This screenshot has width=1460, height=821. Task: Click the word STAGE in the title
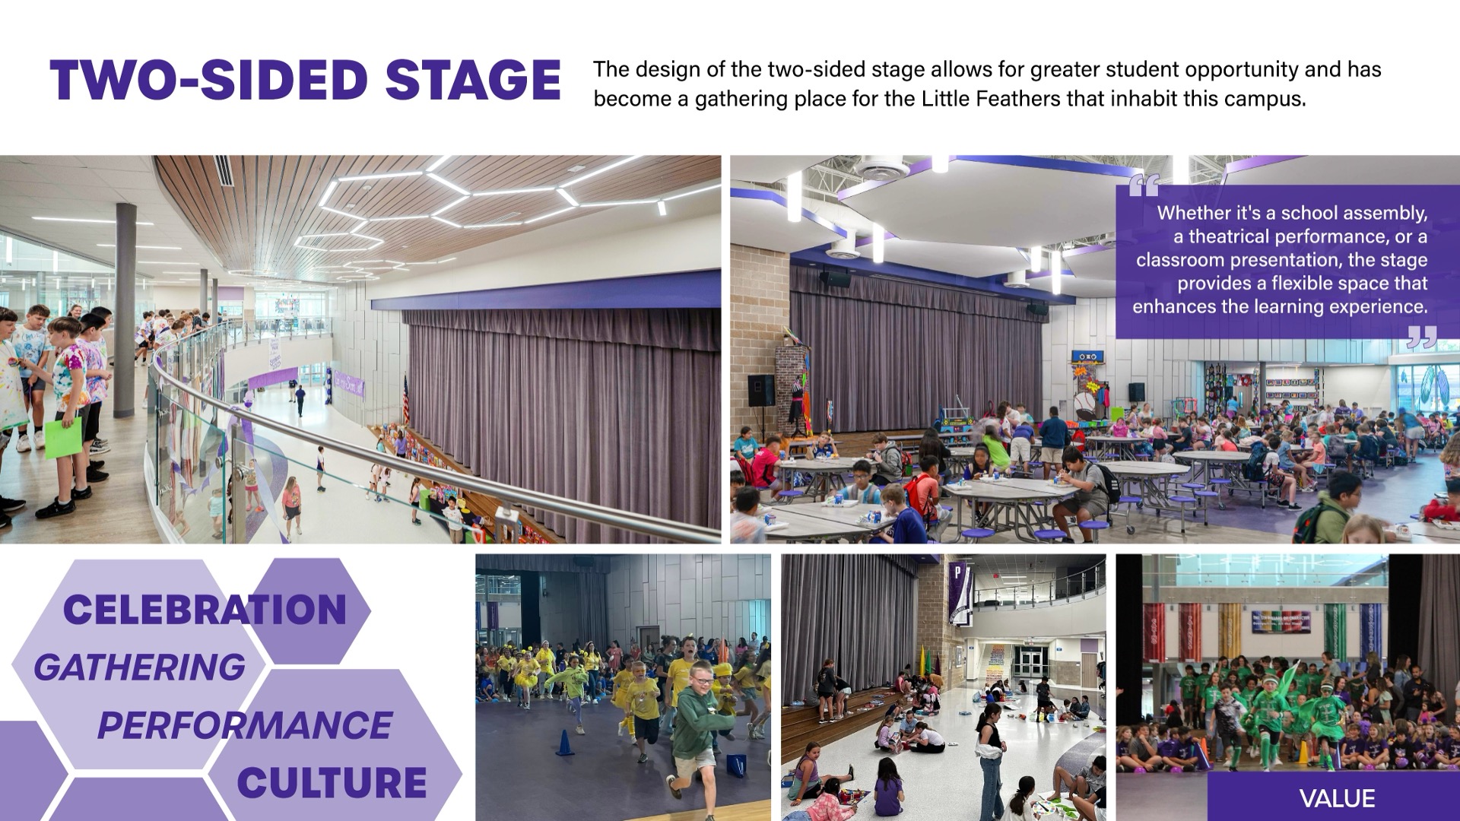473,80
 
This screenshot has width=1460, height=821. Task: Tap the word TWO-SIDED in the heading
209,80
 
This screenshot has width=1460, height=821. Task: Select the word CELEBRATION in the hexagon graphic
205,610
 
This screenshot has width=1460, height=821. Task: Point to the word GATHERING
140,667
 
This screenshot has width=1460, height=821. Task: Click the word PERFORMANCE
245,725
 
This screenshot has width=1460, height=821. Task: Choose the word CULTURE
332,783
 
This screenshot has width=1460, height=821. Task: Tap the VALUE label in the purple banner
1337,798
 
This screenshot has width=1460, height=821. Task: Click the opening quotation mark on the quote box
1144,185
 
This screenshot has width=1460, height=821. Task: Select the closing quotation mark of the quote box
1422,338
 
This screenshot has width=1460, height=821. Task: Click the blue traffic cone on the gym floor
564,743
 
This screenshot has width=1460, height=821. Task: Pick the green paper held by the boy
63,438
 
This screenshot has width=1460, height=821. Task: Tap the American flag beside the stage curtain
405,400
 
